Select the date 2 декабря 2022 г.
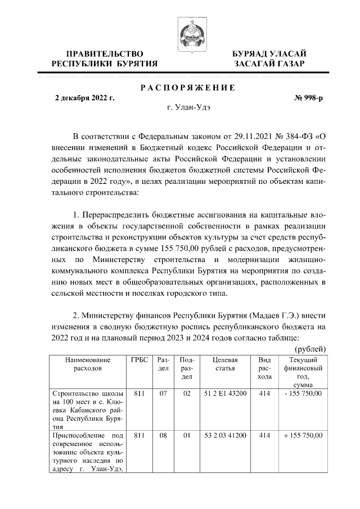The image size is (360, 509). [84, 98]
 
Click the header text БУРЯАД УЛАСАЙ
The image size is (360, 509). [269, 53]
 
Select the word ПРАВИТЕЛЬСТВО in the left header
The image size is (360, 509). [101, 53]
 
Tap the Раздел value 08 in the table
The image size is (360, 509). [163, 436]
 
